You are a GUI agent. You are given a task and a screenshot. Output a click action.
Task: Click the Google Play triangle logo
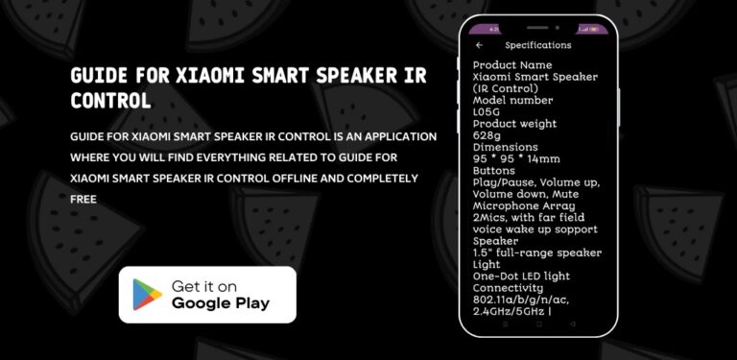point(147,294)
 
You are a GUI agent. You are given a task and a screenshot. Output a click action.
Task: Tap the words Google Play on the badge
point(220,303)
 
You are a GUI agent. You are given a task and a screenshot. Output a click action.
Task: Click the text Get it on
point(203,286)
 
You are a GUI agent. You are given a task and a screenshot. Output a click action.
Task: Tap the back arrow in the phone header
point(479,45)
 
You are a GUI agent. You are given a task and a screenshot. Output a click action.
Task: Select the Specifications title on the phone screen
point(537,45)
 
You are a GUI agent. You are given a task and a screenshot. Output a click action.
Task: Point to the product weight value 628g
point(487,135)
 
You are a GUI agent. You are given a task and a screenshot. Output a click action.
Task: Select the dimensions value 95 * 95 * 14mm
point(516,159)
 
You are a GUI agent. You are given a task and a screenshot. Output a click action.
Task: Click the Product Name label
point(512,64)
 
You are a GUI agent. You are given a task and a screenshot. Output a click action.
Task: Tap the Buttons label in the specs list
point(494,170)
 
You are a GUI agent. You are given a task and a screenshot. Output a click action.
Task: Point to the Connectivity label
point(511,287)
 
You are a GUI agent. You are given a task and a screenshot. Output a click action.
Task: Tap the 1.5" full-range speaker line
point(536,252)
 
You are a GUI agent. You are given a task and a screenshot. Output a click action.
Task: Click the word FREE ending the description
point(83,199)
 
